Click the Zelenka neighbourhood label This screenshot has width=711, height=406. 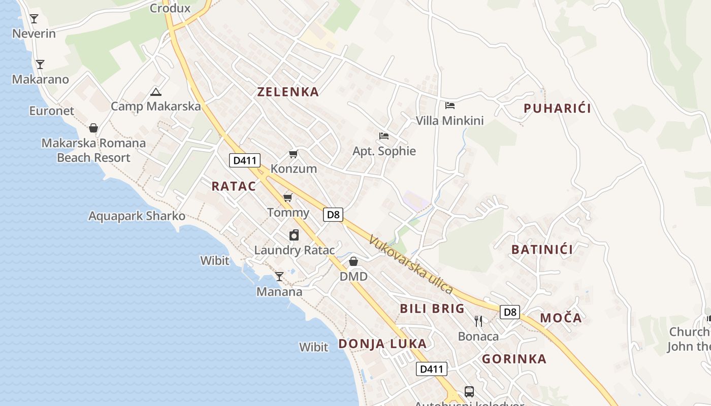point(288,92)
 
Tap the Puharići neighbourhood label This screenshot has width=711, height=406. point(557,108)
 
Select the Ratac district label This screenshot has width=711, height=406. point(234,186)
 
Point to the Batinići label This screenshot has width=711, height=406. point(542,249)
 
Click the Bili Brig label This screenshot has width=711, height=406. point(432,309)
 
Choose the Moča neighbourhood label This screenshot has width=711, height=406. point(561,318)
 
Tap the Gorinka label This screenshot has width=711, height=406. point(514,359)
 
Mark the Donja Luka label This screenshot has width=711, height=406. point(382,344)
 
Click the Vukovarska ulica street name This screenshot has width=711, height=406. point(411,264)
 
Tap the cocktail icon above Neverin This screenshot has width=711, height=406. point(34,19)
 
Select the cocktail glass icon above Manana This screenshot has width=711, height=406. point(279,277)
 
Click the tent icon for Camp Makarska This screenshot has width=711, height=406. point(155,92)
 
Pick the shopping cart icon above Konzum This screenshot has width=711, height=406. point(293,154)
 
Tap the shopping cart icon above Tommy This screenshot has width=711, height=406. point(288,197)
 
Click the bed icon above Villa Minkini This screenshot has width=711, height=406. point(449,106)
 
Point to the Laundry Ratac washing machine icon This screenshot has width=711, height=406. point(294,235)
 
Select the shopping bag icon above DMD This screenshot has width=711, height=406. point(353,261)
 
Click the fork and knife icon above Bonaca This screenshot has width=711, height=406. point(478,321)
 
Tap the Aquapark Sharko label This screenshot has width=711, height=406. point(137,216)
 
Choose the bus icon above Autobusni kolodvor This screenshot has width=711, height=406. point(469,392)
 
